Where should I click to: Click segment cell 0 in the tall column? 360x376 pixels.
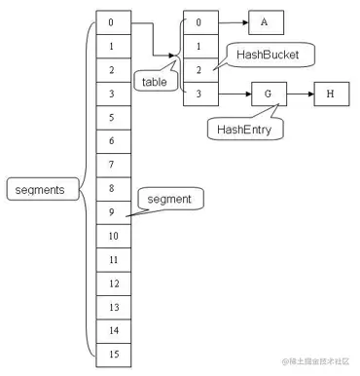coord(112,22)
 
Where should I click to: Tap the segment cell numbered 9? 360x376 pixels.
coord(112,209)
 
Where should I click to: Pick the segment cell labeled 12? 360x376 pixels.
coord(112,282)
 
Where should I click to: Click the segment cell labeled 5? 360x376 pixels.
coord(112,117)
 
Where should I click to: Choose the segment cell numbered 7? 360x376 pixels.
coord(112,164)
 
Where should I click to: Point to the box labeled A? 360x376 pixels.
coord(266,22)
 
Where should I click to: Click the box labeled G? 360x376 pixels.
coord(266,94)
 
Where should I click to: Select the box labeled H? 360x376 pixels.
coord(330,94)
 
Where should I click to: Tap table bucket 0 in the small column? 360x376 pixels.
coord(198,22)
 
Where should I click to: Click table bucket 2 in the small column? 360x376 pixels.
coord(198,70)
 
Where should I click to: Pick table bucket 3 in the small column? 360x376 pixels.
coord(198,94)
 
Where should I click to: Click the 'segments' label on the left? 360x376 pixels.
coord(34,190)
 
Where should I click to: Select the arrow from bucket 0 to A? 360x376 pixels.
coord(231,22)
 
